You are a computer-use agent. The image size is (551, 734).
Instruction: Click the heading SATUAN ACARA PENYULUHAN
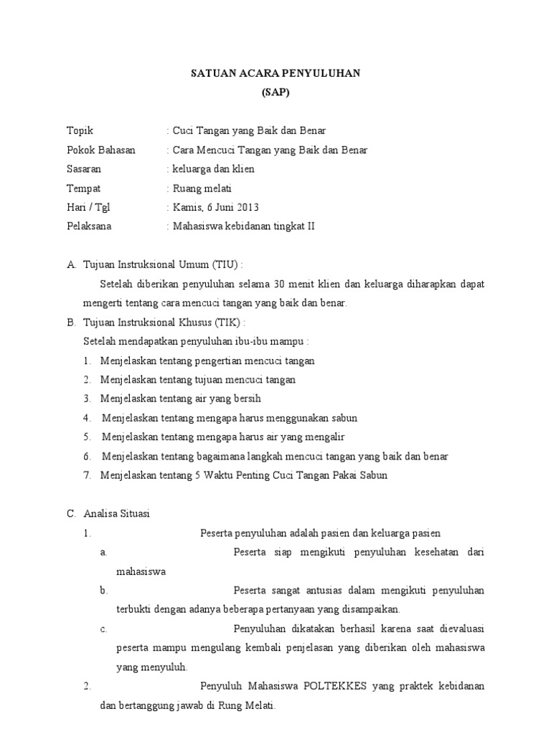pyautogui.click(x=275, y=74)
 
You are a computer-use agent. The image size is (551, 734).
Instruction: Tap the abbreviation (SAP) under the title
pyautogui.click(x=275, y=93)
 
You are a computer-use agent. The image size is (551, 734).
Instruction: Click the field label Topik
pyautogui.click(x=80, y=131)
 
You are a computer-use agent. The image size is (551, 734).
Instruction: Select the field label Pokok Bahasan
pyautogui.click(x=100, y=151)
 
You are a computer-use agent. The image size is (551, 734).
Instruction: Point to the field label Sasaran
pyautogui.click(x=84, y=169)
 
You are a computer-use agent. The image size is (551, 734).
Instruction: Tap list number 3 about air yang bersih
pyautogui.click(x=86, y=399)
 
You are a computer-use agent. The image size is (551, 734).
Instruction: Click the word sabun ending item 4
pyautogui.click(x=343, y=418)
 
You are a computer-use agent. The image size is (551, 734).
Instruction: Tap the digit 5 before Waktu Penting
pyautogui.click(x=197, y=475)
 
